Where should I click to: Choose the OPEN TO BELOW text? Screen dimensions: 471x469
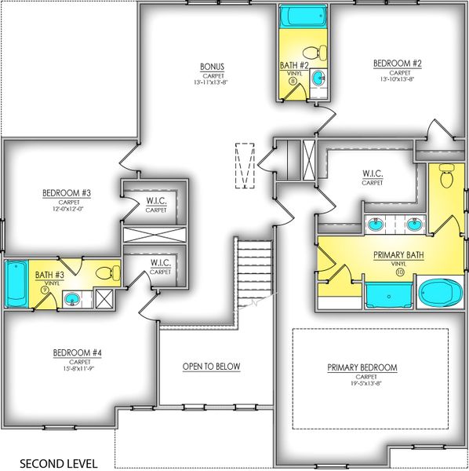click(x=211, y=367)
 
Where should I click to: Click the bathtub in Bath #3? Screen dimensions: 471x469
click(x=16, y=283)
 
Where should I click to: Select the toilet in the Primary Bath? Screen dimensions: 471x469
click(x=446, y=177)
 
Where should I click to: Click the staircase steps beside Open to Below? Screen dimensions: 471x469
click(x=254, y=270)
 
